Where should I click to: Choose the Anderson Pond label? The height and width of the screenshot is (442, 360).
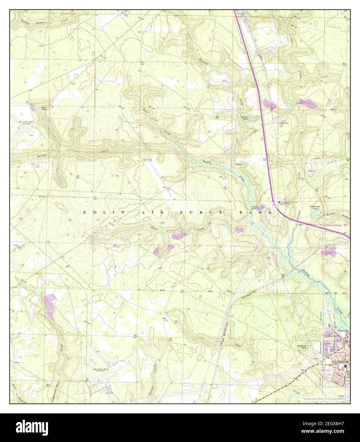(x=315, y=208)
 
